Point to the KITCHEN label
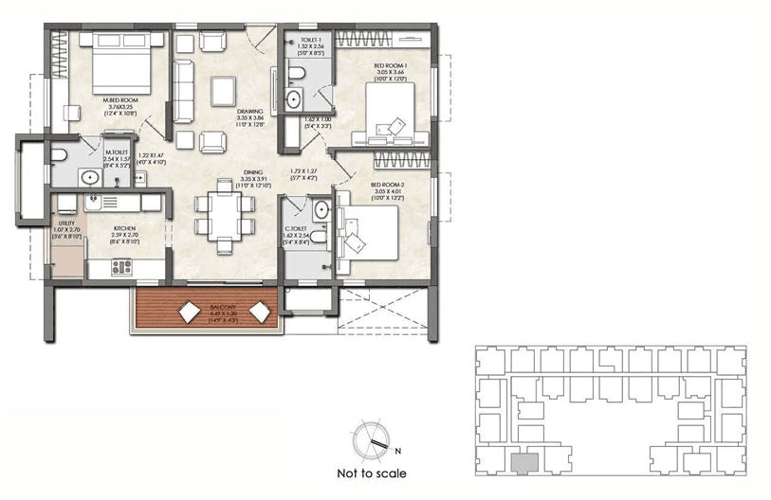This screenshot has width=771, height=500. click(x=126, y=229)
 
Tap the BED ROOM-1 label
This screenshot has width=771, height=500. click(x=388, y=65)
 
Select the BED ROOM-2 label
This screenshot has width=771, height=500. click(x=388, y=185)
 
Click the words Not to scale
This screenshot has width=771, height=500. click(x=372, y=473)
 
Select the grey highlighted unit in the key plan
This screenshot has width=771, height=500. click(x=523, y=463)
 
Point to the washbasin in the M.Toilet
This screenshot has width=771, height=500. click(x=92, y=176)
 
